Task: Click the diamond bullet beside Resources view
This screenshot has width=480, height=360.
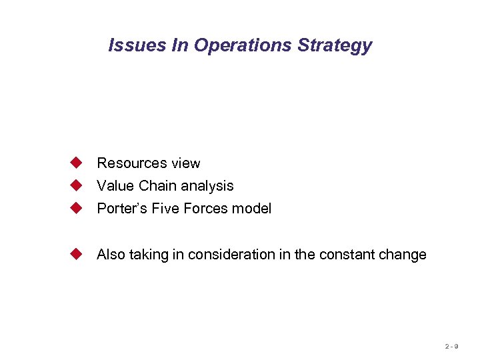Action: coord(77,163)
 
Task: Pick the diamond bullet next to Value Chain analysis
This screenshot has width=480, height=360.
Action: coord(77,185)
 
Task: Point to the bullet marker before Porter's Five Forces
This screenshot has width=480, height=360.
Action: coord(77,208)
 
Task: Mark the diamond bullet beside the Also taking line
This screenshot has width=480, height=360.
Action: coord(77,254)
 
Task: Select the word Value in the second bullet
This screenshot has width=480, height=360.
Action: coord(115,186)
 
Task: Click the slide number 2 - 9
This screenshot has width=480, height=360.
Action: coord(451,347)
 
